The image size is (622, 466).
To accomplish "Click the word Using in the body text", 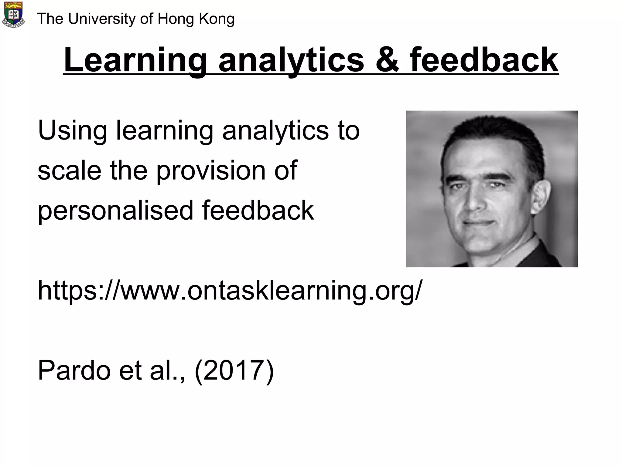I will tap(72, 131).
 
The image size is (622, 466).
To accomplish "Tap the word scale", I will tap(70, 171).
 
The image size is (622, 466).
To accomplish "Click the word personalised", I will tap(115, 211).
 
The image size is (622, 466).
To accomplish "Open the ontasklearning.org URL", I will tap(230, 291).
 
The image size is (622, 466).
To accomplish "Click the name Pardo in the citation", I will tap(74, 371).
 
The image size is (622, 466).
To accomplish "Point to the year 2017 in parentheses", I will tap(234, 371).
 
